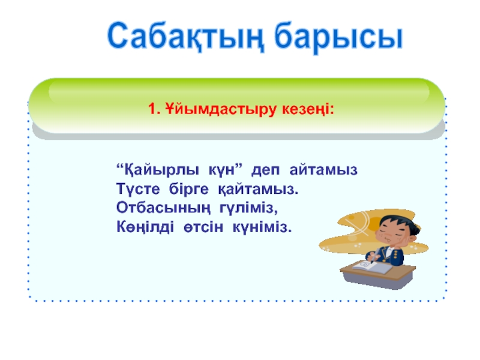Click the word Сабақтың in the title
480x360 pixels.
[185, 36]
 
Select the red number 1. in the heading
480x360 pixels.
[154, 109]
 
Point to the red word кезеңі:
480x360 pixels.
[308, 110]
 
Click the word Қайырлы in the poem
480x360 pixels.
[158, 170]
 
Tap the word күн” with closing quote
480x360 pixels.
[226, 169]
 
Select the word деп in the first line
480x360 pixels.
[265, 170]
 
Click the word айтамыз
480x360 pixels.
[323, 170]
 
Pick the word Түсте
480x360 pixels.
[138, 189]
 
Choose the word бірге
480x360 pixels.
[188, 189]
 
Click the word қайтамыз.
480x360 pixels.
[258, 190]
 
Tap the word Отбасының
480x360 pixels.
[163, 208]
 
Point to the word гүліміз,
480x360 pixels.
[248, 208]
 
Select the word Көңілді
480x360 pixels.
[145, 227]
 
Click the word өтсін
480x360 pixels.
[203, 227]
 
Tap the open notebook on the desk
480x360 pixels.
[372, 267]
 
